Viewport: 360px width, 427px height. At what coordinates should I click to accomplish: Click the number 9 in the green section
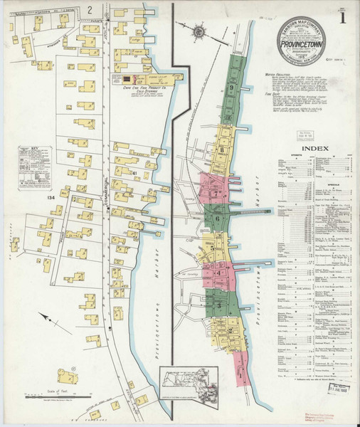point(233,88)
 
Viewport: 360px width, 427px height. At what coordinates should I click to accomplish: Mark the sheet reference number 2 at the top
point(90,9)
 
